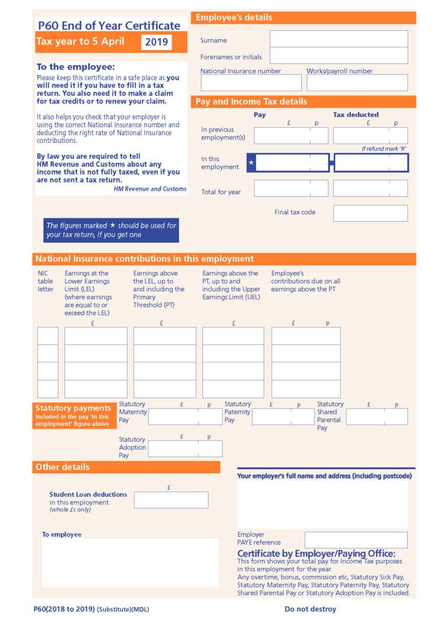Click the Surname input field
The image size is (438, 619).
pyautogui.click(x=339, y=39)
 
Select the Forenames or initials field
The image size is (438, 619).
pyautogui.click(x=339, y=56)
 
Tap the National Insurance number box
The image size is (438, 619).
pyautogui.click(x=251, y=83)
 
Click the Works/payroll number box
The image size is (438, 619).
pyautogui.click(x=357, y=83)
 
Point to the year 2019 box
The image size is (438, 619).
pyautogui.click(x=157, y=42)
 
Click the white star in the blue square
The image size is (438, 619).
pyautogui.click(x=252, y=163)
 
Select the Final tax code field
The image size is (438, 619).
pyautogui.click(x=370, y=213)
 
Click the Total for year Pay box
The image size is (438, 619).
pyautogui.click(x=291, y=189)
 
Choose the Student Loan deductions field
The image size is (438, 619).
pyautogui.click(x=171, y=500)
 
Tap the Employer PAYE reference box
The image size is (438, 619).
pyautogui.click(x=356, y=540)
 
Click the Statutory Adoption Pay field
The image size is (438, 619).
pyautogui.click(x=185, y=449)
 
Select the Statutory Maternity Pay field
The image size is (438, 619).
pyautogui.click(x=185, y=417)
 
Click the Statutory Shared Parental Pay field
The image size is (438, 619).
pyautogui.click(x=377, y=417)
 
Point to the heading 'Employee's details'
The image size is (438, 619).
pyautogui.click(x=234, y=18)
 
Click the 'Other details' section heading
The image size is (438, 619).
pyautogui.click(x=62, y=467)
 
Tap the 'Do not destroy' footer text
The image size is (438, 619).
pyautogui.click(x=310, y=609)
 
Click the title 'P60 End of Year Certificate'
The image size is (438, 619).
pyautogui.click(x=109, y=25)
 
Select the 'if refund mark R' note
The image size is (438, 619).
pyautogui.click(x=384, y=149)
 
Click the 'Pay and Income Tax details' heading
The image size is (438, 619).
pyautogui.click(x=251, y=101)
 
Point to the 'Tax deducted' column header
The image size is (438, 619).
pyautogui.click(x=356, y=115)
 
